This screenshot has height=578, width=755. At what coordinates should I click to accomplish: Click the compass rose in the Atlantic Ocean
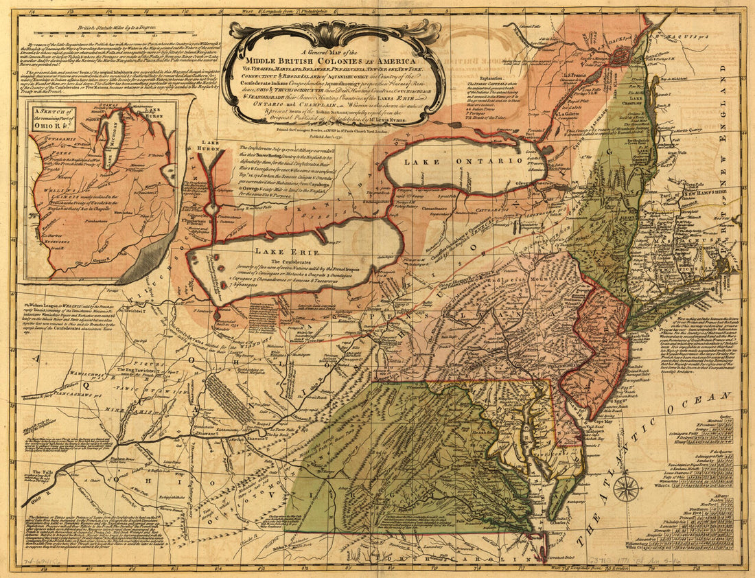tap(625, 489)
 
